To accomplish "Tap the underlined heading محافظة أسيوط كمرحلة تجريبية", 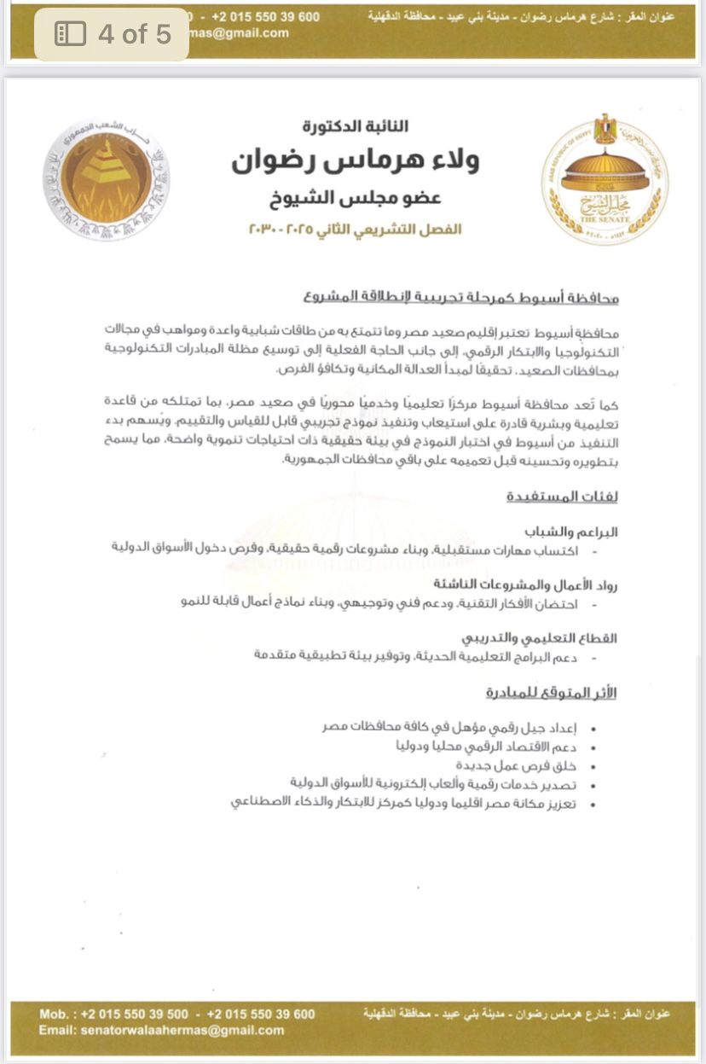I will pos(460,299).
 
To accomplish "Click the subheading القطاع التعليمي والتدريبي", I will pos(540,638).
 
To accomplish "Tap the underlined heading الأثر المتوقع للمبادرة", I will pos(551,693).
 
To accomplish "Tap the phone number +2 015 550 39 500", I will pos(135,1014).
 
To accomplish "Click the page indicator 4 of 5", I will pos(135,34).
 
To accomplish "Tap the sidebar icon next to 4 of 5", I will pos(70,34).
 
